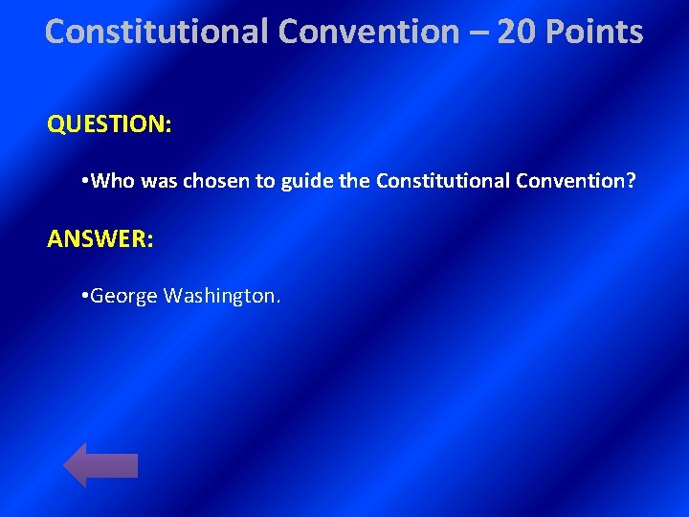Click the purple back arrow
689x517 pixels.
[100, 465]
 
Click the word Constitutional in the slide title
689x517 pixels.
[158, 32]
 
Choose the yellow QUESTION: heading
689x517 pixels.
[109, 125]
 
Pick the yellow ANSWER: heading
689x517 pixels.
[100, 238]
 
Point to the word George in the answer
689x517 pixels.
[123, 296]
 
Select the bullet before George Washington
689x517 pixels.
[85, 296]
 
